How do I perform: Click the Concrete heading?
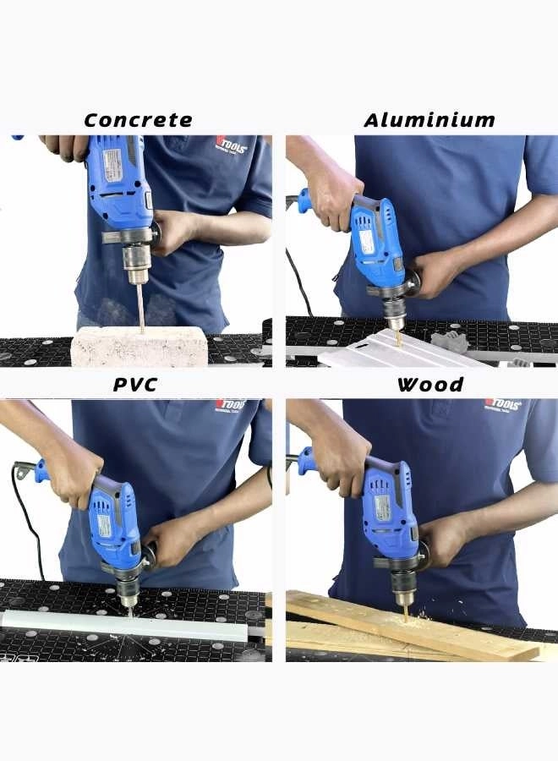click(138, 120)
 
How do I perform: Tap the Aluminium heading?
click(429, 120)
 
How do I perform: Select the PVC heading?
click(135, 385)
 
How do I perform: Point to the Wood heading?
click(430, 385)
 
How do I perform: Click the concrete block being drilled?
click(139, 348)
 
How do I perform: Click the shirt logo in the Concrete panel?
click(230, 147)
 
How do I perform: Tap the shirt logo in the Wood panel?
click(502, 405)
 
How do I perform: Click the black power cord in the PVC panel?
click(25, 507)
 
